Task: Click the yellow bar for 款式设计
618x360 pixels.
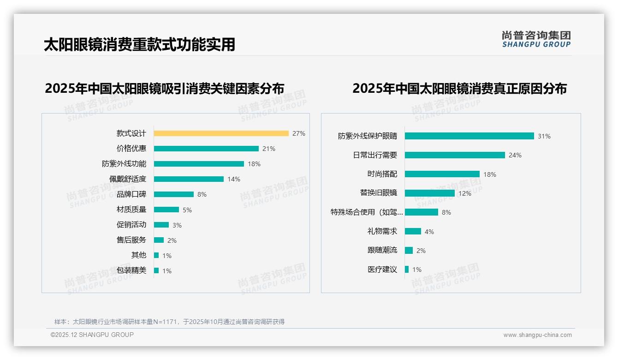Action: click(x=221, y=133)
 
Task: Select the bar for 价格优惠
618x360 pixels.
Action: click(x=206, y=149)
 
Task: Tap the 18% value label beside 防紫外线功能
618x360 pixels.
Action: click(x=254, y=164)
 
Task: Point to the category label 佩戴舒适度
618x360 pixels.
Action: click(x=128, y=179)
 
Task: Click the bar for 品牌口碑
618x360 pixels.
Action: click(x=174, y=194)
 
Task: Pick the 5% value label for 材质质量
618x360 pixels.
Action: click(x=187, y=210)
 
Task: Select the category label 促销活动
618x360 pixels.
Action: click(x=131, y=225)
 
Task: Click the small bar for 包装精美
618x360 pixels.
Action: click(x=156, y=270)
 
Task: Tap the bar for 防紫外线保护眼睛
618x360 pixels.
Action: click(x=469, y=136)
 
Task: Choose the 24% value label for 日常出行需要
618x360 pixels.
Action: click(x=515, y=156)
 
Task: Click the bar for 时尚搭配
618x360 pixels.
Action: click(x=442, y=174)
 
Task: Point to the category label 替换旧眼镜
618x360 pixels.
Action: click(x=379, y=193)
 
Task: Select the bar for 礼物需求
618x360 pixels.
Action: click(x=413, y=231)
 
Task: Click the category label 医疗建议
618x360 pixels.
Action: click(x=382, y=270)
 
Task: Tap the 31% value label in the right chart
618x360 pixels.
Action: click(x=544, y=137)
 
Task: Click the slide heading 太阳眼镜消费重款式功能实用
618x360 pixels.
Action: click(x=139, y=44)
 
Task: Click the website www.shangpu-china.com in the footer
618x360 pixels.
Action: click(x=537, y=335)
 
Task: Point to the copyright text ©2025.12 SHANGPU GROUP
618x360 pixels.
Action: click(x=92, y=335)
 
